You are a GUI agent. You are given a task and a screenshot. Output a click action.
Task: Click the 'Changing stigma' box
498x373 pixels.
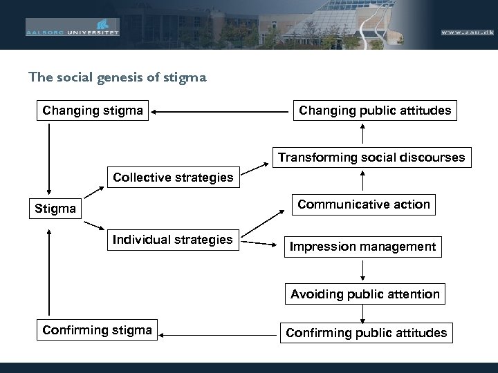93,110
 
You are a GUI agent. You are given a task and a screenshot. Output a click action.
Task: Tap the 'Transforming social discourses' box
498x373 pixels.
371,157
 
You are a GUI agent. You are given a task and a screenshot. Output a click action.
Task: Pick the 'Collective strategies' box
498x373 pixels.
173,178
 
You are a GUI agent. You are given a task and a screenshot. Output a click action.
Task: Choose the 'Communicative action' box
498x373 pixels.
363,204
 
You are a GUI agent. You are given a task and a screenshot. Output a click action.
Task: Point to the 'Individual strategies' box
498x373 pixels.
173,240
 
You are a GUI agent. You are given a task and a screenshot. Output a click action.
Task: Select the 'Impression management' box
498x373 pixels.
362,246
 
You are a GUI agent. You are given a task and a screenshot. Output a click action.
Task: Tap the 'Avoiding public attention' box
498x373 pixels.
365,294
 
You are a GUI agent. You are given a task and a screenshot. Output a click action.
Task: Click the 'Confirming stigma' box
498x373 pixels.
97,329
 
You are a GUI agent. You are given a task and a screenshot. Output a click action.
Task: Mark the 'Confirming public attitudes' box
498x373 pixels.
367,333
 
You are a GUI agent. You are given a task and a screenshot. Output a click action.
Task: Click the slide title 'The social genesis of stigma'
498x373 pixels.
117,77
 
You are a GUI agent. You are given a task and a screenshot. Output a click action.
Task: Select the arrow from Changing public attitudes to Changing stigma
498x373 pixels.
221,111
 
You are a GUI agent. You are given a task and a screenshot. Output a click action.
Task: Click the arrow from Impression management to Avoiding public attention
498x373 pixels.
363,269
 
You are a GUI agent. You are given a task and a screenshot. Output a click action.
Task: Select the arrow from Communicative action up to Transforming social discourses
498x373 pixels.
363,180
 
